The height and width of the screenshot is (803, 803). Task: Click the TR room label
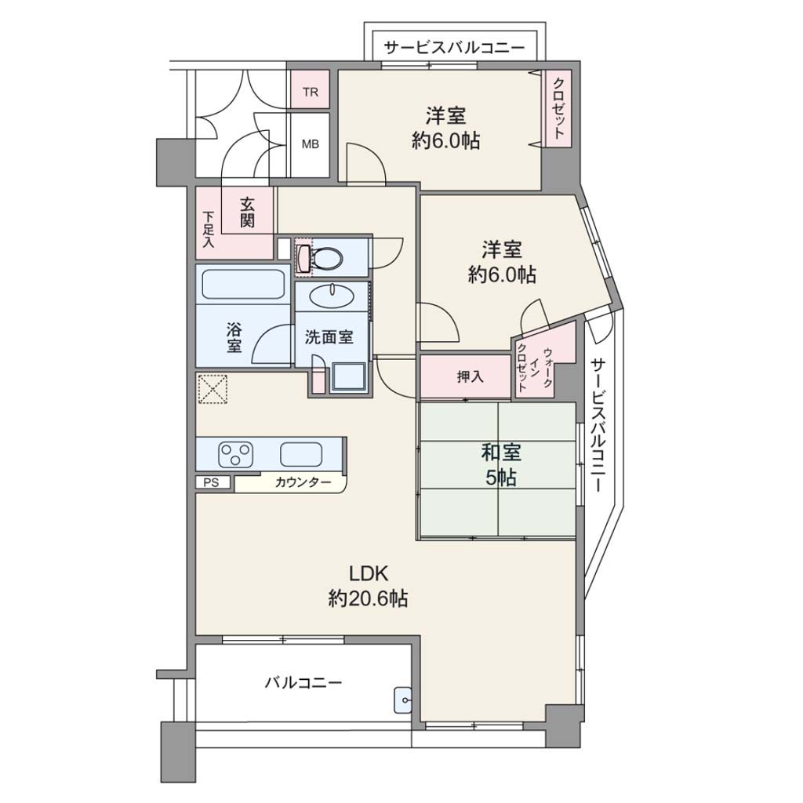[x=311, y=93]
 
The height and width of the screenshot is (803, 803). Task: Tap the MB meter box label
[x=311, y=144]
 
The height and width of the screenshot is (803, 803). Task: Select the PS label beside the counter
[x=211, y=482]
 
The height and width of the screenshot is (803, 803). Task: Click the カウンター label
[x=303, y=482]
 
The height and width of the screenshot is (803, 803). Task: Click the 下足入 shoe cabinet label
[x=208, y=230]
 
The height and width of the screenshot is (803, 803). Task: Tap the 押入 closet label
[x=471, y=377]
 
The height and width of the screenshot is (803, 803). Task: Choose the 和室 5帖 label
[x=501, y=465]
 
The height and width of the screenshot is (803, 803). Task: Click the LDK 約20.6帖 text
[x=369, y=585]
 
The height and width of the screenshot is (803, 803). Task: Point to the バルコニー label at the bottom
[x=303, y=683]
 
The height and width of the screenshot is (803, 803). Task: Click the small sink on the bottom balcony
[x=403, y=699]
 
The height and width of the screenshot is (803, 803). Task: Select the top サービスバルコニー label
[x=455, y=48]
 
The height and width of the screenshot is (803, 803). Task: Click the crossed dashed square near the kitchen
[x=213, y=389]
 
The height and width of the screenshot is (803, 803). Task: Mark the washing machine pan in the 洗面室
[x=349, y=378]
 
